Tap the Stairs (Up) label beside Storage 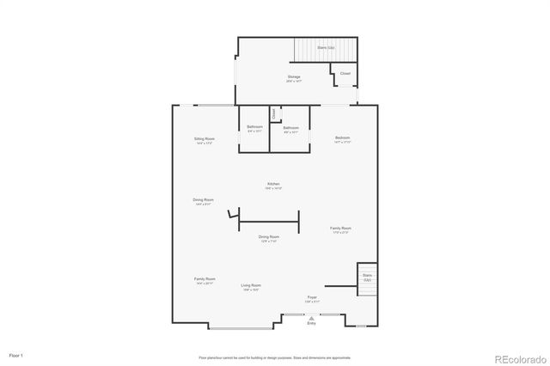(325, 48)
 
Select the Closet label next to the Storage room (345, 74)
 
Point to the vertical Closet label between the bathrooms (273, 113)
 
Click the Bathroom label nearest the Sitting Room (254, 129)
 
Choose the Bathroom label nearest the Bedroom (290, 129)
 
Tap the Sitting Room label (204, 140)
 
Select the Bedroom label (343, 139)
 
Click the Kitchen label (273, 186)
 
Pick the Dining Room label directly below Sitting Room (203, 201)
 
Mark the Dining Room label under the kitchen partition (269, 238)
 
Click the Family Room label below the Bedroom (341, 229)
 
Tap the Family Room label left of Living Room (205, 280)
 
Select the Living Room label (250, 286)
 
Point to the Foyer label (311, 299)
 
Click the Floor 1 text (16, 355)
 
